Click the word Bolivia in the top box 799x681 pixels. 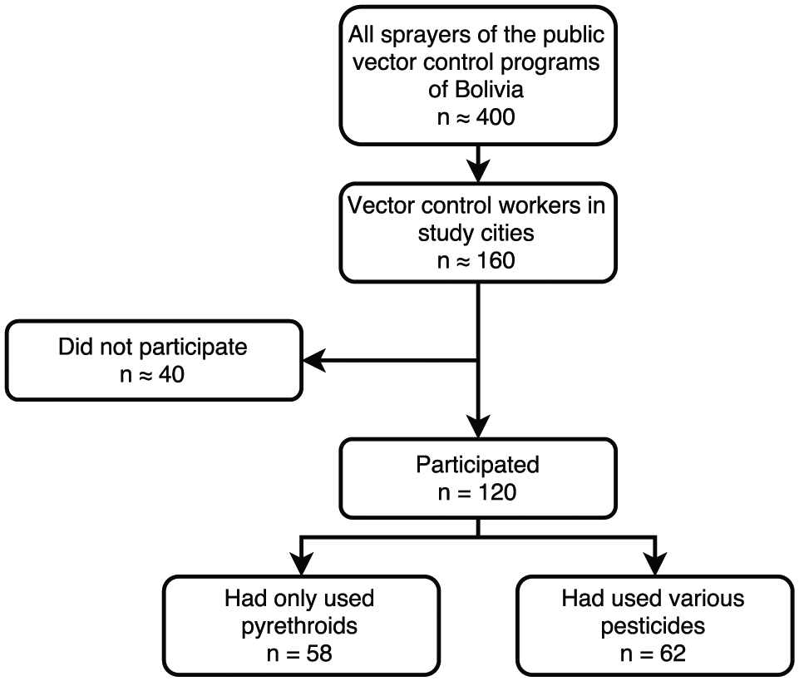489,90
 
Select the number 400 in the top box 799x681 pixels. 496,117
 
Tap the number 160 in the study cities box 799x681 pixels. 496,260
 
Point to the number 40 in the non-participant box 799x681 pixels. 171,375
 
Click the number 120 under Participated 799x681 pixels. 497,492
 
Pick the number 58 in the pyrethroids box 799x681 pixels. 319,654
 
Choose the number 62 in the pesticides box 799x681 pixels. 673,654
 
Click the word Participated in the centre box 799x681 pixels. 477,465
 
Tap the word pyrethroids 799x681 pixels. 299,626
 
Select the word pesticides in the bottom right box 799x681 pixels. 653,626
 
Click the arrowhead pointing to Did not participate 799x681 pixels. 314,361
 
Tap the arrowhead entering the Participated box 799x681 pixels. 478,426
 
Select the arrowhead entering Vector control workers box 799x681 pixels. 478,170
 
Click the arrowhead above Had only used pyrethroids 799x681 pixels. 301,564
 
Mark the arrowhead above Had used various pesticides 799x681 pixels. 655,564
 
